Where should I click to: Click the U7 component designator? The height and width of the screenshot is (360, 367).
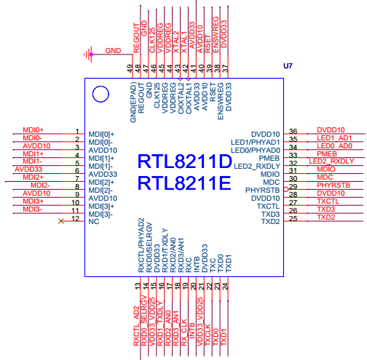(288, 66)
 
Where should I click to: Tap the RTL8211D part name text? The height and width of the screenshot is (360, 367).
(185, 161)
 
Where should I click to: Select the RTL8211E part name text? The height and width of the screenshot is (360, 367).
(184, 183)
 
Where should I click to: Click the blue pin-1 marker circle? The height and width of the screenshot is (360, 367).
(100, 86)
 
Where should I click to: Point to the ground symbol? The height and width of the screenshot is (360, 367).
(88, 55)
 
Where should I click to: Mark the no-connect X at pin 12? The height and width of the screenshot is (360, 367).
(61, 221)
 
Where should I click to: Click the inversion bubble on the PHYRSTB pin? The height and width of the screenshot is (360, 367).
(286, 189)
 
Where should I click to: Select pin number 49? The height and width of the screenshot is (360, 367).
(130, 68)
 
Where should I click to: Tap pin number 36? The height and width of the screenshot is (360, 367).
(293, 131)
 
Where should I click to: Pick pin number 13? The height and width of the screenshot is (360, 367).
(138, 286)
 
